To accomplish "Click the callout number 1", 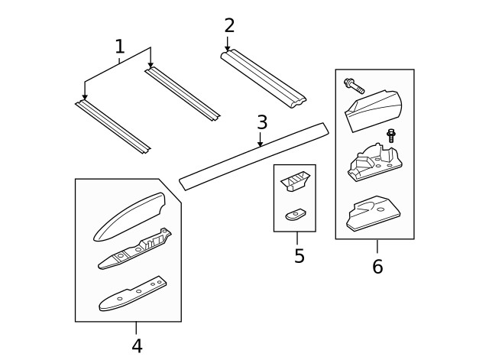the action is pos(120,47).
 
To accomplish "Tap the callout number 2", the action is pos(229,25).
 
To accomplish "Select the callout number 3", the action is pos(262,122).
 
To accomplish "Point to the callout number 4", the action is pos(137,346).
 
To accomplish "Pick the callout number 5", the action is pos(299,256).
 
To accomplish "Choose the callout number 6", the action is pos(377,267).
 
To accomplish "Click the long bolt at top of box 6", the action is pos(354,86).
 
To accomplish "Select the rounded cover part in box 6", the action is pos(373,110).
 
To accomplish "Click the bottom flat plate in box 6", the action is pos(373,213).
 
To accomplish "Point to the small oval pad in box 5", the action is pos(295,214).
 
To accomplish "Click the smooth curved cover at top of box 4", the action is pos(129,217).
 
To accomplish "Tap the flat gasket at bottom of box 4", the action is pos(132,294).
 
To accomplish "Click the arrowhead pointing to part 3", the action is pos(260,144).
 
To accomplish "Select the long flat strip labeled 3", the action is pos(254,157).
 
